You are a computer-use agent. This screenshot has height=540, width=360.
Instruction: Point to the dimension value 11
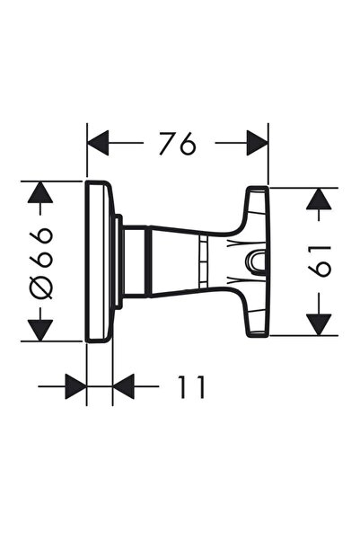coord(189,387)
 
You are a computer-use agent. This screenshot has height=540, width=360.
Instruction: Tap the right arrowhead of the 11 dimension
coord(124,387)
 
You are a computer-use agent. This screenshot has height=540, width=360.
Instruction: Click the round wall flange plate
coord(99,261)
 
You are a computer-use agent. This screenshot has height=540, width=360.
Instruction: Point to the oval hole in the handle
coord(255,261)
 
